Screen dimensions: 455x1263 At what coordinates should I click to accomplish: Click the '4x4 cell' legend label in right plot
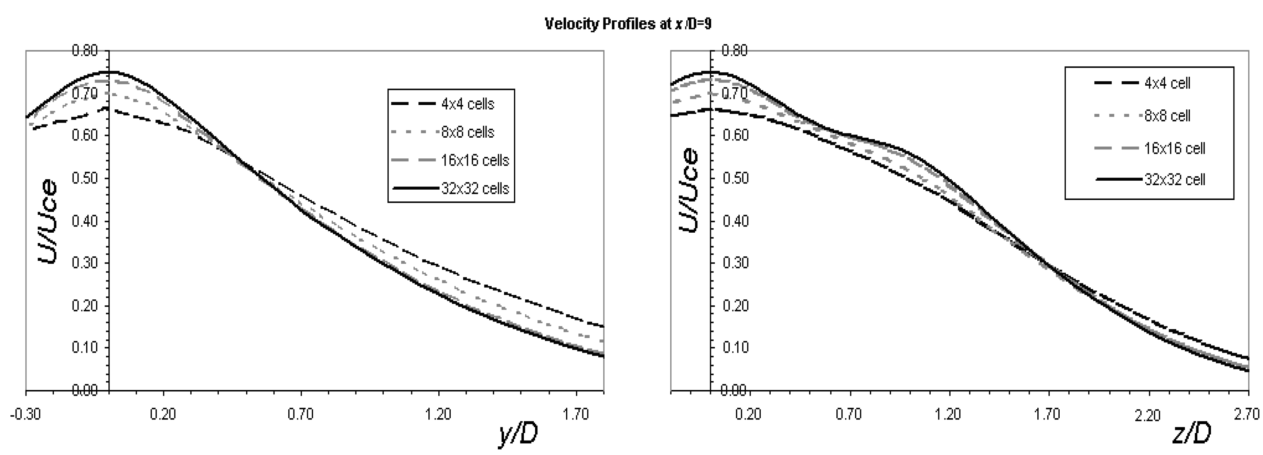[x=1167, y=83]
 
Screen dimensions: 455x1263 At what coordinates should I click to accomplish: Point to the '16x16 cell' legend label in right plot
[x=1174, y=148]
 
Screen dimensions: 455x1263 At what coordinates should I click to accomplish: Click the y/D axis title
[x=518, y=433]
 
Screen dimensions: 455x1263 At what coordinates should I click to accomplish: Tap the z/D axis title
[x=1191, y=433]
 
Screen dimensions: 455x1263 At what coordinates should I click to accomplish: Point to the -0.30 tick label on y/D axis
[x=25, y=414]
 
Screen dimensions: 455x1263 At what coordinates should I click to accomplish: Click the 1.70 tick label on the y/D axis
[x=576, y=414]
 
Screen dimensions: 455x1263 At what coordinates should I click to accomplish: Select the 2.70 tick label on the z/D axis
[x=1248, y=414]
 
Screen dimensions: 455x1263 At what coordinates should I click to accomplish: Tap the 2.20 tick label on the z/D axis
[x=1148, y=416]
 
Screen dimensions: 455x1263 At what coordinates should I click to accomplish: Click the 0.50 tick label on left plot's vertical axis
[x=85, y=178]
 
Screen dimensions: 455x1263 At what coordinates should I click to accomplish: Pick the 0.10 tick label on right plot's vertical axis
[x=736, y=348]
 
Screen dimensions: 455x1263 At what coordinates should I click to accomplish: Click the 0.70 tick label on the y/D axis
[x=300, y=414]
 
